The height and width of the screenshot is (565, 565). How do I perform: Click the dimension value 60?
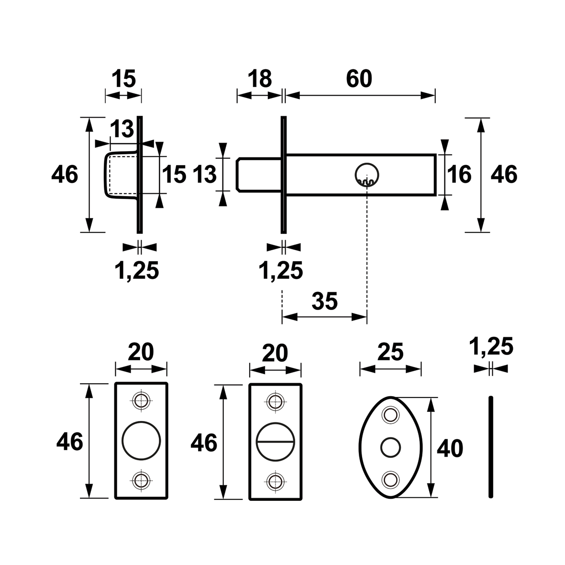tap(359, 78)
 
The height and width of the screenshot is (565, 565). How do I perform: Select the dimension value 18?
tap(259, 78)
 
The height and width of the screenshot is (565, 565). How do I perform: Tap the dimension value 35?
tap(324, 301)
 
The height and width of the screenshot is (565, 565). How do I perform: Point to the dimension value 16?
tap(459, 175)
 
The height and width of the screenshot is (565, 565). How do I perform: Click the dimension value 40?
tap(450, 449)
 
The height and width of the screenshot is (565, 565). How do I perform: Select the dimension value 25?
tap(390, 352)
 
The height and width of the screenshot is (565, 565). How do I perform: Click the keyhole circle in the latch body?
tap(367, 175)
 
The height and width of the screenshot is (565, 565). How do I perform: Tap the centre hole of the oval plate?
tap(390, 447)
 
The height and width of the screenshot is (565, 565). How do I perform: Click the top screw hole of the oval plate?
tap(390, 415)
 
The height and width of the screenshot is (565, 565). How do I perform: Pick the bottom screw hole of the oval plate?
tap(390, 479)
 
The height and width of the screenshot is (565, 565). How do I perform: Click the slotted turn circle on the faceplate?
tap(276, 442)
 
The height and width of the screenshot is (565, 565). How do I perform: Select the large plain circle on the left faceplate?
tap(141, 440)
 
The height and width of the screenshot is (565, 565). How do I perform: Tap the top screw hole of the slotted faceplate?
tap(276, 401)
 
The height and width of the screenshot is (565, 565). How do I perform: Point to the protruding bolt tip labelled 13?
tap(259, 175)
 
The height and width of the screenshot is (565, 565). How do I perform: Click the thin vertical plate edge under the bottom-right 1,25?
tap(490, 447)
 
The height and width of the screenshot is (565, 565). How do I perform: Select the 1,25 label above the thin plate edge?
tap(491, 347)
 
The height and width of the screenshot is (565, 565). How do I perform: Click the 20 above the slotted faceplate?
tap(275, 353)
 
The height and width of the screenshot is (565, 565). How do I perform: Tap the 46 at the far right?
tap(504, 175)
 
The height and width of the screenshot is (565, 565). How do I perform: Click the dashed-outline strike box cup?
tap(122, 175)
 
